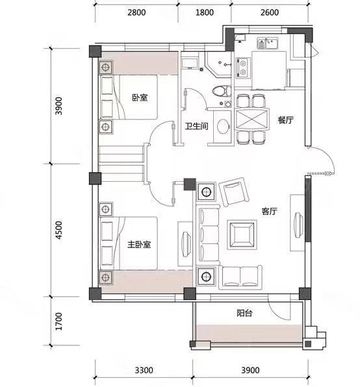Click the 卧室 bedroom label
pyautogui.click(x=140, y=97)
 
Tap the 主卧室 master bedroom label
pyautogui.click(x=139, y=244)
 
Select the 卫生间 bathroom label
pyautogui.click(x=197, y=126)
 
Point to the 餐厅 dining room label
pyautogui.click(x=286, y=120)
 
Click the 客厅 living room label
pyautogui.click(x=270, y=211)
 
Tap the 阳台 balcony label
pyautogui.click(x=244, y=313)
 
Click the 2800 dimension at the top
pyautogui.click(x=136, y=12)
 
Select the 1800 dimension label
pyautogui.click(x=205, y=12)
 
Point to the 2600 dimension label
pyautogui.click(x=270, y=12)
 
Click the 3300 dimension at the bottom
pyautogui.click(x=144, y=370)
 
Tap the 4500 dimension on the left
pyautogui.click(x=58, y=230)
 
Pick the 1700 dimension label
pyautogui.click(x=58, y=321)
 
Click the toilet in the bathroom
pyautogui.click(x=222, y=91)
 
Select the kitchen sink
pyautogui.click(x=267, y=44)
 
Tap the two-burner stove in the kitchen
pyautogui.click(x=243, y=68)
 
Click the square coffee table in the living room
pyautogui.click(x=242, y=234)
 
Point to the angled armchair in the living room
pyautogui.click(x=234, y=192)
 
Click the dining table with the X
pyautogui.click(x=251, y=119)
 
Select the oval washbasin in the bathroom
pyautogui.click(x=223, y=127)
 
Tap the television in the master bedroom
pyautogui.click(x=186, y=244)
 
